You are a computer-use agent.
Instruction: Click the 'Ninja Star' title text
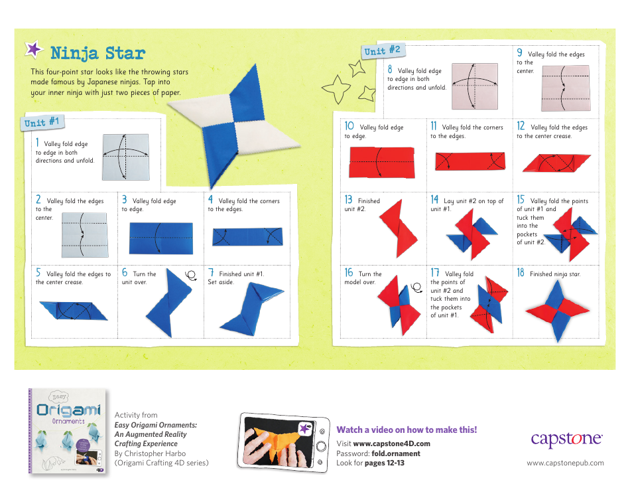click(x=97, y=53)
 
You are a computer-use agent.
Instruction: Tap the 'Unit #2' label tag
click(x=382, y=50)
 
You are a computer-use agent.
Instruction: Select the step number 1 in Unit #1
click(x=38, y=143)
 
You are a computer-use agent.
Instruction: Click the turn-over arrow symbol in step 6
click(x=192, y=275)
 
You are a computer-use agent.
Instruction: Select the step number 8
click(x=390, y=70)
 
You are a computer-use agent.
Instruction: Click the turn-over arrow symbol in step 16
click(x=416, y=287)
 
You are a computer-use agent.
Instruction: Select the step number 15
click(x=521, y=200)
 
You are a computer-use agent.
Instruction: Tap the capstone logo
click(x=566, y=439)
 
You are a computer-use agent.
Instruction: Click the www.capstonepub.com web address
click(x=565, y=463)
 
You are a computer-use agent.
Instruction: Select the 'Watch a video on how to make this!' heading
click(x=406, y=430)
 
